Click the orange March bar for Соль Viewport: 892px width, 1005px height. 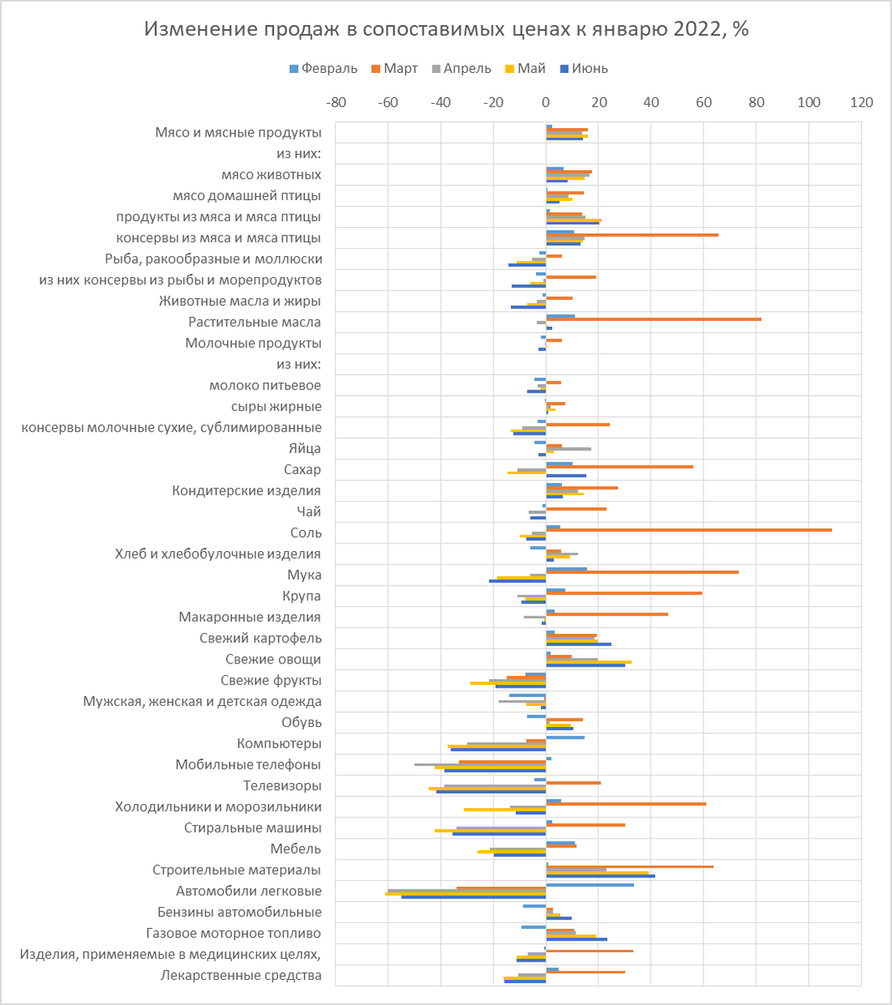click(688, 530)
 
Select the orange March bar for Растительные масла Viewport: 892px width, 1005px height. click(653, 319)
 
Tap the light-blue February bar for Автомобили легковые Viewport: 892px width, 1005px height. click(590, 885)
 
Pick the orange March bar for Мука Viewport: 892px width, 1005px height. click(642, 572)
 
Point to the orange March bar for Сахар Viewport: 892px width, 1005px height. click(620, 466)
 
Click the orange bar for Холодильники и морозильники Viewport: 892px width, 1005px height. click(626, 804)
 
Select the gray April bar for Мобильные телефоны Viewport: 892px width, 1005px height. click(480, 765)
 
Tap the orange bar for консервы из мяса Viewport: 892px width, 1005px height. click(632, 235)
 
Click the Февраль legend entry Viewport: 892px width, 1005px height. click(323, 69)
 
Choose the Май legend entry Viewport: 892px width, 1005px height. click(525, 69)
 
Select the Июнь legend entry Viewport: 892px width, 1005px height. click(584, 69)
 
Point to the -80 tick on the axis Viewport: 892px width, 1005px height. click(336, 103)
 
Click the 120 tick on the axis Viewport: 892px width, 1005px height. click(862, 103)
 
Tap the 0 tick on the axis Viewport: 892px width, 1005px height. click(546, 103)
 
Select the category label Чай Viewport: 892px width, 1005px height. click(308, 512)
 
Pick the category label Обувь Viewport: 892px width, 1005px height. click(302, 722)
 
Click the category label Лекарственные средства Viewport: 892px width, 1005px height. click(241, 975)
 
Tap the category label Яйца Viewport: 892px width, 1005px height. click(305, 448)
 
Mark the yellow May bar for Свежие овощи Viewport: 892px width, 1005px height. click(589, 662)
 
